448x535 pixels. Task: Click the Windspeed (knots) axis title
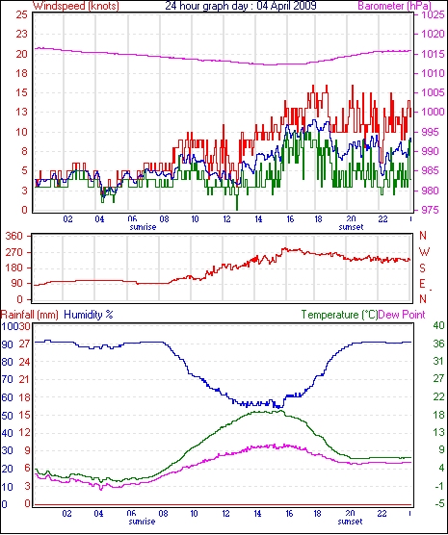point(76,6)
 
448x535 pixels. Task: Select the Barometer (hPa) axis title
point(394,6)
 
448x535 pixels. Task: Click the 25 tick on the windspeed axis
point(21,15)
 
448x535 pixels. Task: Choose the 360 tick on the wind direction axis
point(14,236)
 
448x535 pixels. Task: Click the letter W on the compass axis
point(424,252)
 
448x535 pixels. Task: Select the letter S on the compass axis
point(422,268)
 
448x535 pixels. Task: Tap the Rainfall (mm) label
point(30,315)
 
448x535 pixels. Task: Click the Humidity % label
point(89,315)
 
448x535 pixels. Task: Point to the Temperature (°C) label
point(339,315)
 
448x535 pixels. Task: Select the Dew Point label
point(402,315)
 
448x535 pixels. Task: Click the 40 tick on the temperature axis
point(438,325)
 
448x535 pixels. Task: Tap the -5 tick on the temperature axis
point(438,503)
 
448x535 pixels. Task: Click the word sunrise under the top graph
point(143,227)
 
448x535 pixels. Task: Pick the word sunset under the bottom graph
point(351,522)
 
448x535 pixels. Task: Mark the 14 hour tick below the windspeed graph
point(259,218)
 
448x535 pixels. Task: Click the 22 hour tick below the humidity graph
point(382,513)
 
